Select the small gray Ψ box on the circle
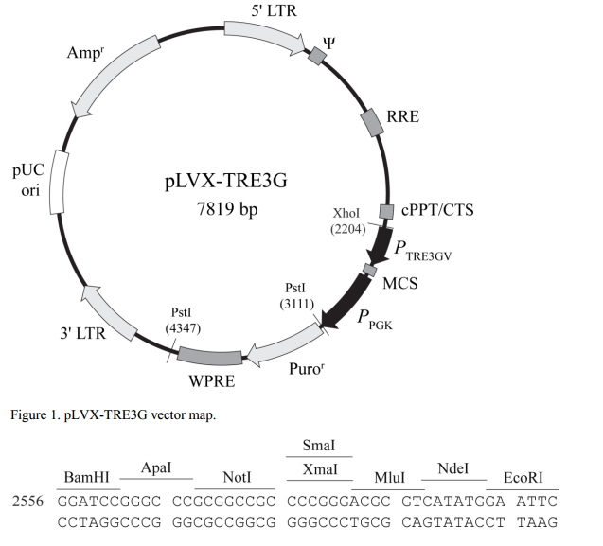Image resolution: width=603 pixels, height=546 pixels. coord(318,58)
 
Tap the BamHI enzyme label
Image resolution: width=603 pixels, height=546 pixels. coord(87,475)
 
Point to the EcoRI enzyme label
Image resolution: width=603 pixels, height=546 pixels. coord(521,475)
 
